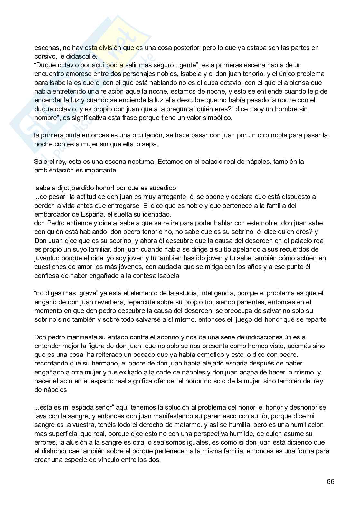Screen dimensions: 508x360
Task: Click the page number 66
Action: [330, 482]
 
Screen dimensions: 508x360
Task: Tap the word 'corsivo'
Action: [44, 56]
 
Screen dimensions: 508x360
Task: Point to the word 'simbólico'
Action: [218, 118]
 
